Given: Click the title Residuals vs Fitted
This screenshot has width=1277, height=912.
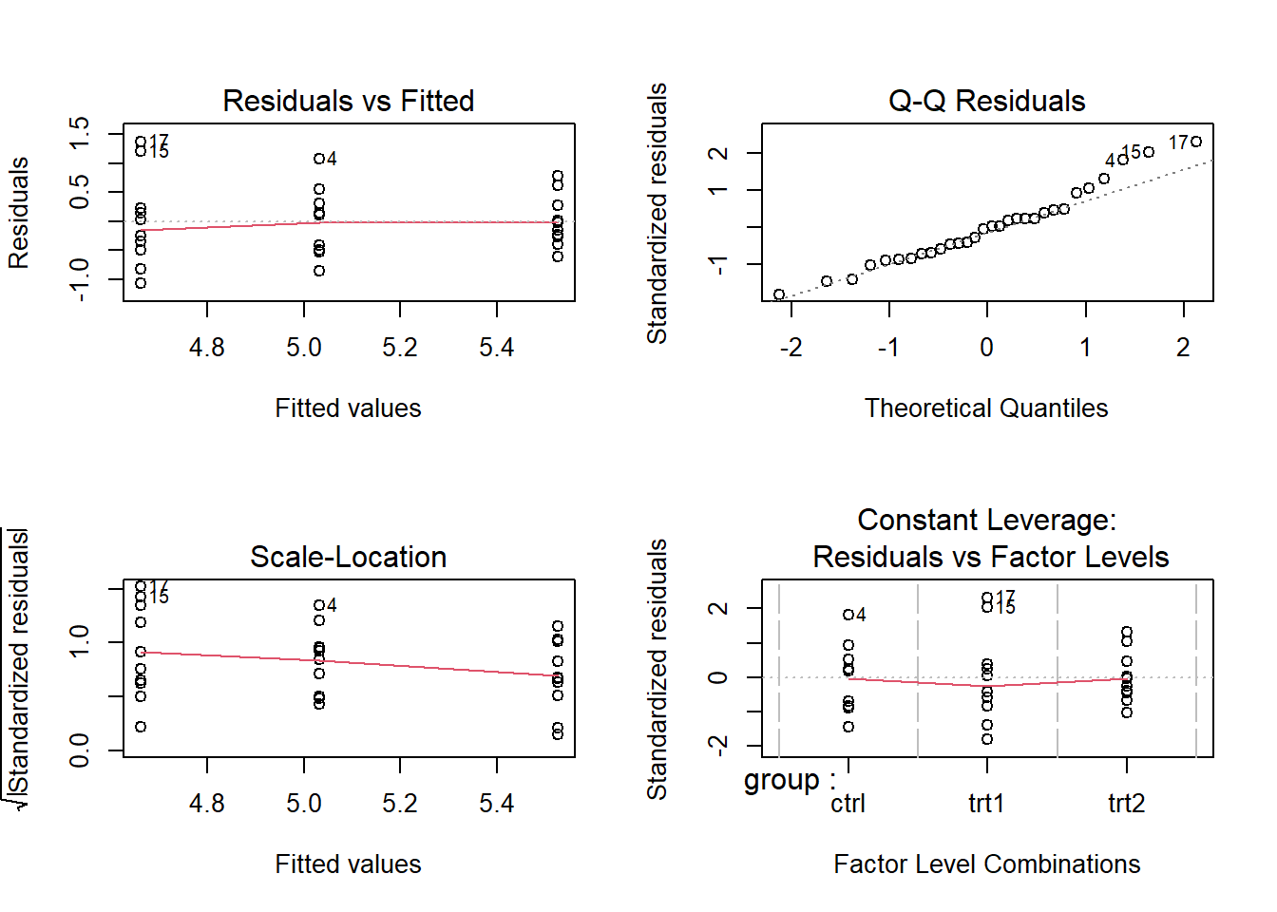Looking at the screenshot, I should pyautogui.click(x=348, y=101).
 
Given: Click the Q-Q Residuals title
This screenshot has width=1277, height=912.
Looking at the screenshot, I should pyautogui.click(x=986, y=101).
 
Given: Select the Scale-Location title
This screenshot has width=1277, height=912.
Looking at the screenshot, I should pyautogui.click(x=348, y=557).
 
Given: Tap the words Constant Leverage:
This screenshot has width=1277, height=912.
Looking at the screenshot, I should pyautogui.click(x=986, y=520).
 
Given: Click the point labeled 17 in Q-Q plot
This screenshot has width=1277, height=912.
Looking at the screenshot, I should pyautogui.click(x=1196, y=142).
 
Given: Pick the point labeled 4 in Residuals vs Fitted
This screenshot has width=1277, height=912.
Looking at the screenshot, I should pyautogui.click(x=319, y=159).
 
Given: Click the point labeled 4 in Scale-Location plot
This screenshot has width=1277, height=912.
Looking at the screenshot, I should pyautogui.click(x=319, y=605).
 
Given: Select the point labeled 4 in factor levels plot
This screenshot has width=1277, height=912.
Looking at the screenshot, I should pyautogui.click(x=848, y=615).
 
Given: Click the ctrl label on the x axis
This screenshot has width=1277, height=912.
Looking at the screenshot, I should pyautogui.click(x=848, y=804).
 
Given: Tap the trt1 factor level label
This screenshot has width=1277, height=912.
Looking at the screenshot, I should pyautogui.click(x=986, y=804).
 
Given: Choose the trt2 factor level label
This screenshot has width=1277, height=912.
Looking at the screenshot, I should pyautogui.click(x=1126, y=804).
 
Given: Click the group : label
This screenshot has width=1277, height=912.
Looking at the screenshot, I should pyautogui.click(x=790, y=780).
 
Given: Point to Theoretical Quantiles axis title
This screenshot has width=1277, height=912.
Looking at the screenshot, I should pyautogui.click(x=986, y=408).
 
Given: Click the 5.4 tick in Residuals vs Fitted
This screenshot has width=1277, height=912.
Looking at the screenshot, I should pyautogui.click(x=497, y=348).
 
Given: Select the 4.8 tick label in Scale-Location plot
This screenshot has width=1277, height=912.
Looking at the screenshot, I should pyautogui.click(x=207, y=804).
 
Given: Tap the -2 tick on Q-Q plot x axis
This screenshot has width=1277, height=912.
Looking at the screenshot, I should pyautogui.click(x=791, y=348).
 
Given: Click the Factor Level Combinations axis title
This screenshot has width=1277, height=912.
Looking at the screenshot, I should pyautogui.click(x=986, y=864).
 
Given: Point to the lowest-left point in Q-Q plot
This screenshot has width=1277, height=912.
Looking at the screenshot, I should pyautogui.click(x=779, y=294).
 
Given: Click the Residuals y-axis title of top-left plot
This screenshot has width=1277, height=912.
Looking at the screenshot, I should pyautogui.click(x=19, y=213).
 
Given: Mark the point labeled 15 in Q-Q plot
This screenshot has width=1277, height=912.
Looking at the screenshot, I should pyautogui.click(x=1149, y=152).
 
